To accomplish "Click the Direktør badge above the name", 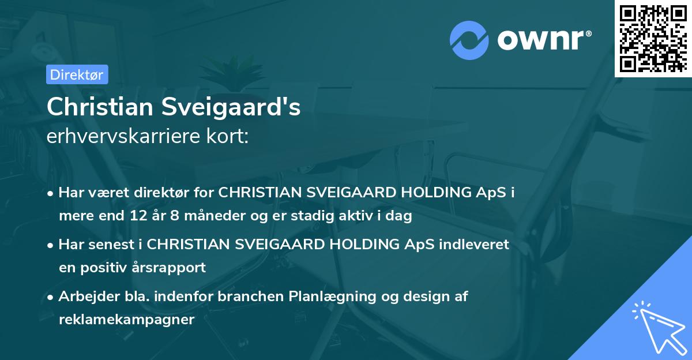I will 77,74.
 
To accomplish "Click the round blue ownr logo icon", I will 469,40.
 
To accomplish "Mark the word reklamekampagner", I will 126,320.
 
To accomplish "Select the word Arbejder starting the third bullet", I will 85,297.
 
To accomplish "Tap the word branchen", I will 249,297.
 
